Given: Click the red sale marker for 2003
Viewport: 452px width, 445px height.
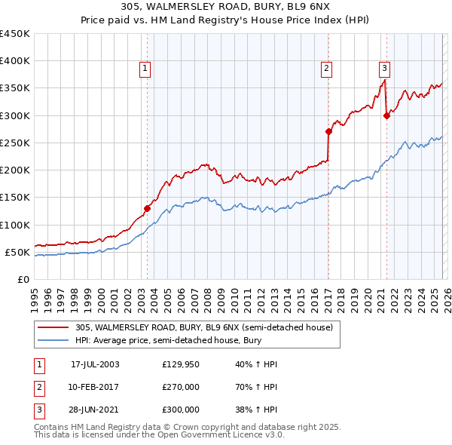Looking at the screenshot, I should point(147,208).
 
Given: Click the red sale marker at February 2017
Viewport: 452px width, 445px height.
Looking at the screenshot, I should point(328,131).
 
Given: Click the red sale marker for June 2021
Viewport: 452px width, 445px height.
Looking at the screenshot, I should point(386,115).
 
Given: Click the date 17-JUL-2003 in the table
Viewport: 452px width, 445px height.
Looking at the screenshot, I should point(95,364).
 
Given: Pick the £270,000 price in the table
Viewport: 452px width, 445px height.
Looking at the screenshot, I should point(181,387).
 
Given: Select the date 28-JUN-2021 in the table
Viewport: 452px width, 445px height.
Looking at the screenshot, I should point(95,410).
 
